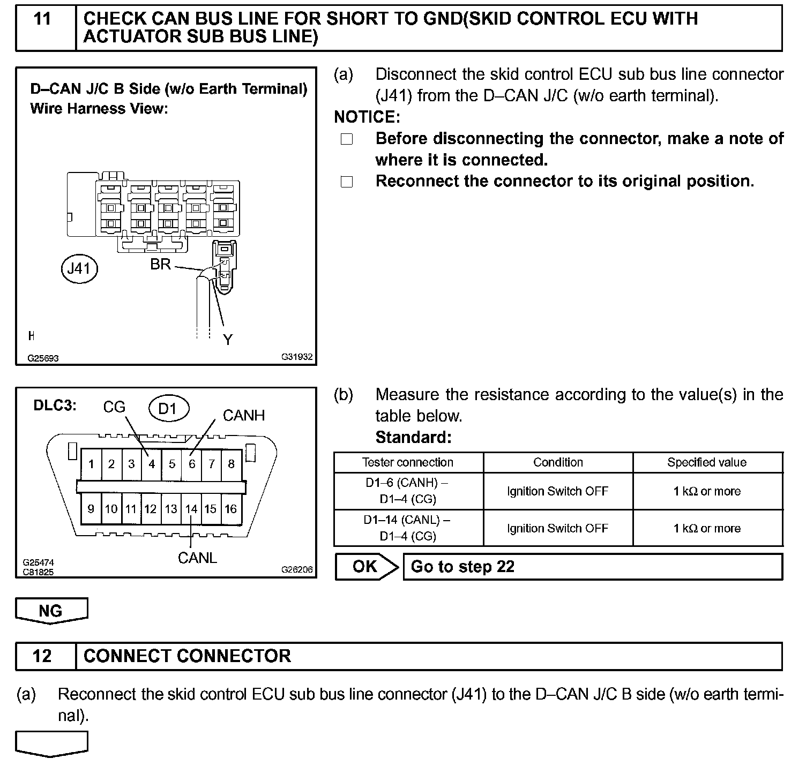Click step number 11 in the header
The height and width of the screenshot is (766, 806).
pyautogui.click(x=42, y=20)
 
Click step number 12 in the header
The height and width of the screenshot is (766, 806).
pyautogui.click(x=42, y=656)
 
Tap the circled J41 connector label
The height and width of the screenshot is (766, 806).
pyautogui.click(x=79, y=268)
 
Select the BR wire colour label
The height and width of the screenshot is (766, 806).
pyautogui.click(x=160, y=264)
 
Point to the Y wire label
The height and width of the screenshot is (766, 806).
pyautogui.click(x=228, y=340)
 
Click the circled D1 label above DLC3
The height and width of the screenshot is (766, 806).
pyautogui.click(x=168, y=409)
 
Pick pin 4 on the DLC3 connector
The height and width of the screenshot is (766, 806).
pyautogui.click(x=152, y=464)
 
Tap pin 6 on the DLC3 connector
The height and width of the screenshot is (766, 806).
pyautogui.click(x=192, y=464)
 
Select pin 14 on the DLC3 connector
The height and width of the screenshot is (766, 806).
pyautogui.click(x=191, y=509)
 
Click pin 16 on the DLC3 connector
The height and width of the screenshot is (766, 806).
pyautogui.click(x=231, y=509)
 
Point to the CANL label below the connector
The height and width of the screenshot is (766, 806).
pyautogui.click(x=197, y=558)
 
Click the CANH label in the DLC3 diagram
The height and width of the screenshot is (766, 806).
pyautogui.click(x=244, y=416)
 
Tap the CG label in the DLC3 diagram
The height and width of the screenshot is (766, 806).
pyautogui.click(x=114, y=408)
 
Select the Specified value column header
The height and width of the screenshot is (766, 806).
pyautogui.click(x=707, y=462)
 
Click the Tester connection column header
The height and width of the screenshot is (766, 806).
pyautogui.click(x=407, y=462)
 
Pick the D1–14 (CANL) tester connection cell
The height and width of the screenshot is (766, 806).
pyautogui.click(x=407, y=528)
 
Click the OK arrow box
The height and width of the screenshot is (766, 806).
pyautogui.click(x=367, y=567)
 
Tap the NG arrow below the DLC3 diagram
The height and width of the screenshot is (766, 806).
pyautogui.click(x=51, y=611)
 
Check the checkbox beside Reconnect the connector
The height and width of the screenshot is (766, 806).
pyautogui.click(x=347, y=182)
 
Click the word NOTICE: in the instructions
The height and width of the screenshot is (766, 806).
pyautogui.click(x=367, y=117)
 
